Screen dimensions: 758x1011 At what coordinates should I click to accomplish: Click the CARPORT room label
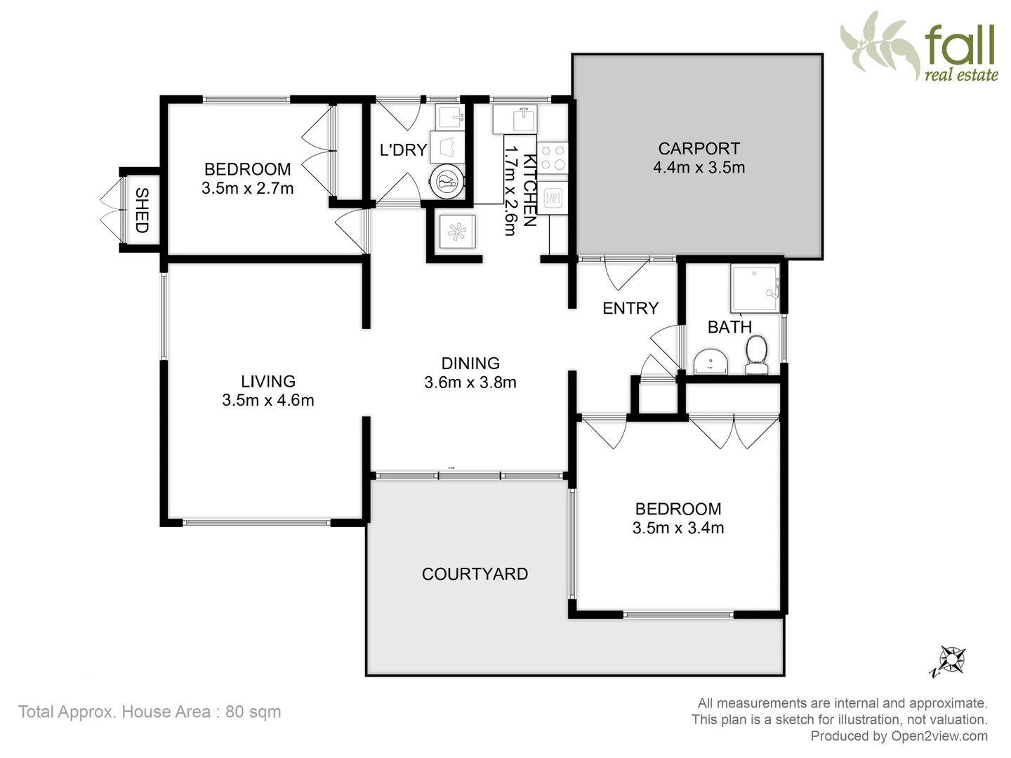[699, 149]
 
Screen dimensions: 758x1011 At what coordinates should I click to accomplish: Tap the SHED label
[141, 211]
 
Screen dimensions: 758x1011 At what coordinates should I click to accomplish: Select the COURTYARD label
[475, 574]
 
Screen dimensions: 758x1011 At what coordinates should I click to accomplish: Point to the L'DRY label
[403, 149]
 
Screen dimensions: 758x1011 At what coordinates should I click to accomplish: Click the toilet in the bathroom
[756, 354]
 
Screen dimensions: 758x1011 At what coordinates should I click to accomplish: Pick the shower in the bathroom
[755, 288]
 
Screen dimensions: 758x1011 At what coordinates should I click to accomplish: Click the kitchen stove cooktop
[554, 157]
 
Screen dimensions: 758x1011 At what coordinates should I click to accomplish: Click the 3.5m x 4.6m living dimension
[267, 400]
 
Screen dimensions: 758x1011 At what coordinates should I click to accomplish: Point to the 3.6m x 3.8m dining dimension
[470, 383]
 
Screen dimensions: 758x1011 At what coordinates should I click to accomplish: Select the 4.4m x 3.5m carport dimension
[699, 168]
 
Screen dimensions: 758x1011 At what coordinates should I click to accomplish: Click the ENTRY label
[630, 308]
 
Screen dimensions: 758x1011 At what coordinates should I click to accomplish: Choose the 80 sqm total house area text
[150, 712]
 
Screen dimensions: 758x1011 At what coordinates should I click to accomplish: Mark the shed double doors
[109, 211]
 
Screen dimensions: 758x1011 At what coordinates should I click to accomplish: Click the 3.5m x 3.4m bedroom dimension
[678, 528]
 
